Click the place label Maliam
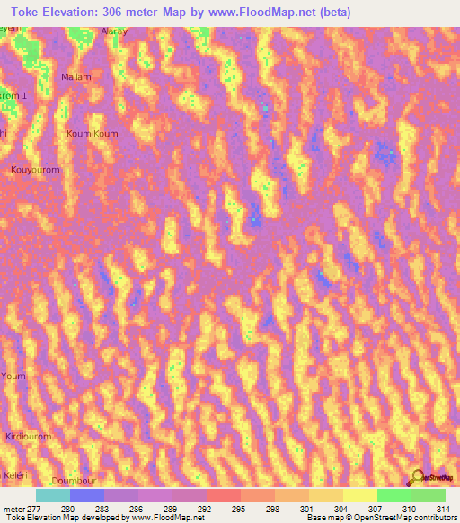point(76,77)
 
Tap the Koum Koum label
point(93,133)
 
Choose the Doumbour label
point(74,482)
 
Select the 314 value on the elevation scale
point(444,508)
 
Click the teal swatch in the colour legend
point(53,495)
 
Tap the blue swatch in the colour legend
point(87,495)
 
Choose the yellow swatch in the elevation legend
point(359,495)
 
